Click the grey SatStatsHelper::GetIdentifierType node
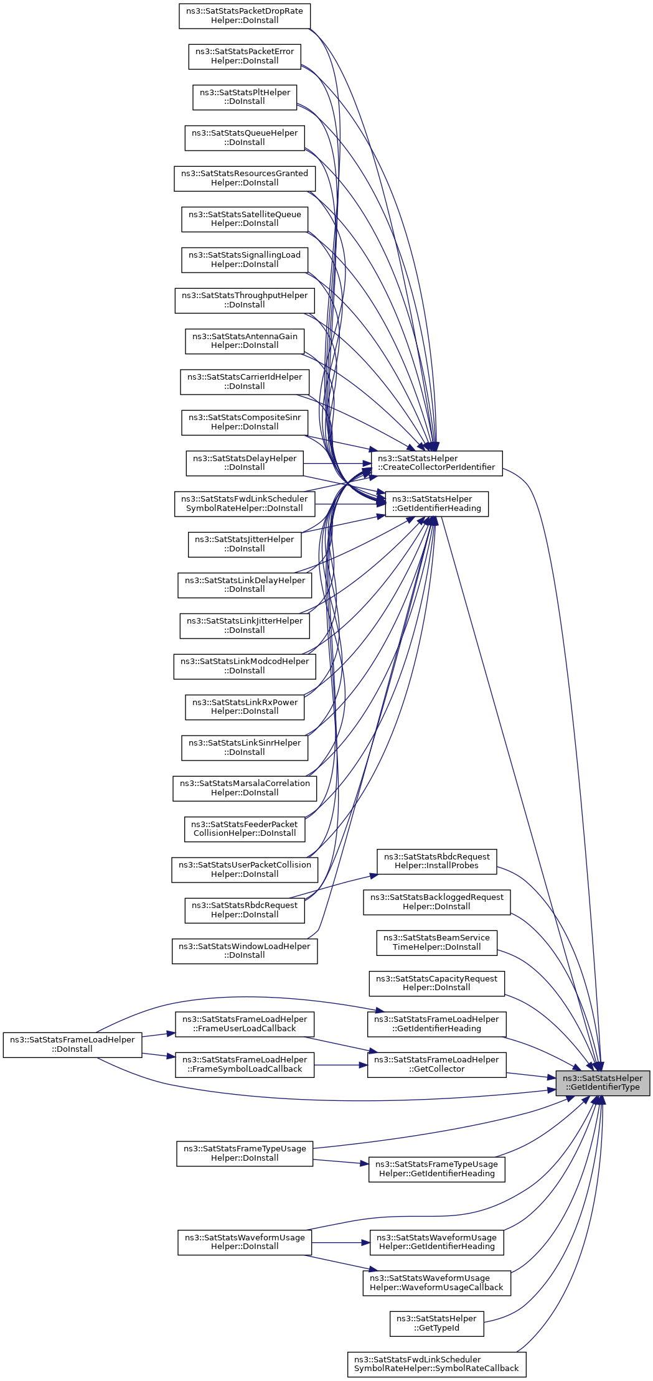[603, 1082]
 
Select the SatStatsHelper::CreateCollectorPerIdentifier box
[436, 463]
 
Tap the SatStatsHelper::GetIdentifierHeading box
[436, 503]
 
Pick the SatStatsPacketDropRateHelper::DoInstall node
[245, 16]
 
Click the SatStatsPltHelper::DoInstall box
[245, 97]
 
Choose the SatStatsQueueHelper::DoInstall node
[245, 138]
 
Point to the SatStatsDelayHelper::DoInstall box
[245, 463]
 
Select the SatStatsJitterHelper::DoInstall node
[245, 544]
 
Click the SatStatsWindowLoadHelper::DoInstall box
[245, 950]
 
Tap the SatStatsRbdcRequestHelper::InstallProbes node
[436, 861]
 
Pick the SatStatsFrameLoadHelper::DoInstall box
[72, 1044]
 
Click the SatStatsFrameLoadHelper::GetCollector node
[436, 1064]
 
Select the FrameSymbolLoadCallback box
[245, 1064]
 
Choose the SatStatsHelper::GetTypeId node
[436, 1323]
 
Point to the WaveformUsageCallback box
[436, 1283]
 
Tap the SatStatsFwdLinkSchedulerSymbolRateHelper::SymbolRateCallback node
[436, 1364]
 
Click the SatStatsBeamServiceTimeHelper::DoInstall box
[436, 942]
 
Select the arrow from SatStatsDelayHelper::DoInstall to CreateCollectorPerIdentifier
[337, 463]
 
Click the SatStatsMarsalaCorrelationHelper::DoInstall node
[245, 788]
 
